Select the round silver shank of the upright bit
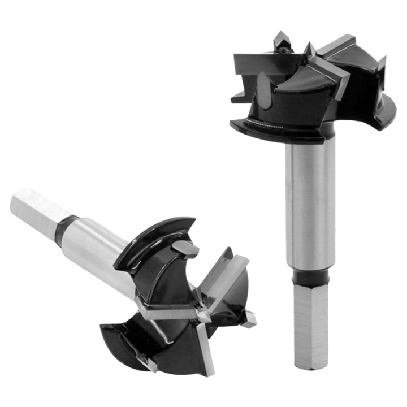[x=310, y=203]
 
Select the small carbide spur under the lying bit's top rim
[x=185, y=249]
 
